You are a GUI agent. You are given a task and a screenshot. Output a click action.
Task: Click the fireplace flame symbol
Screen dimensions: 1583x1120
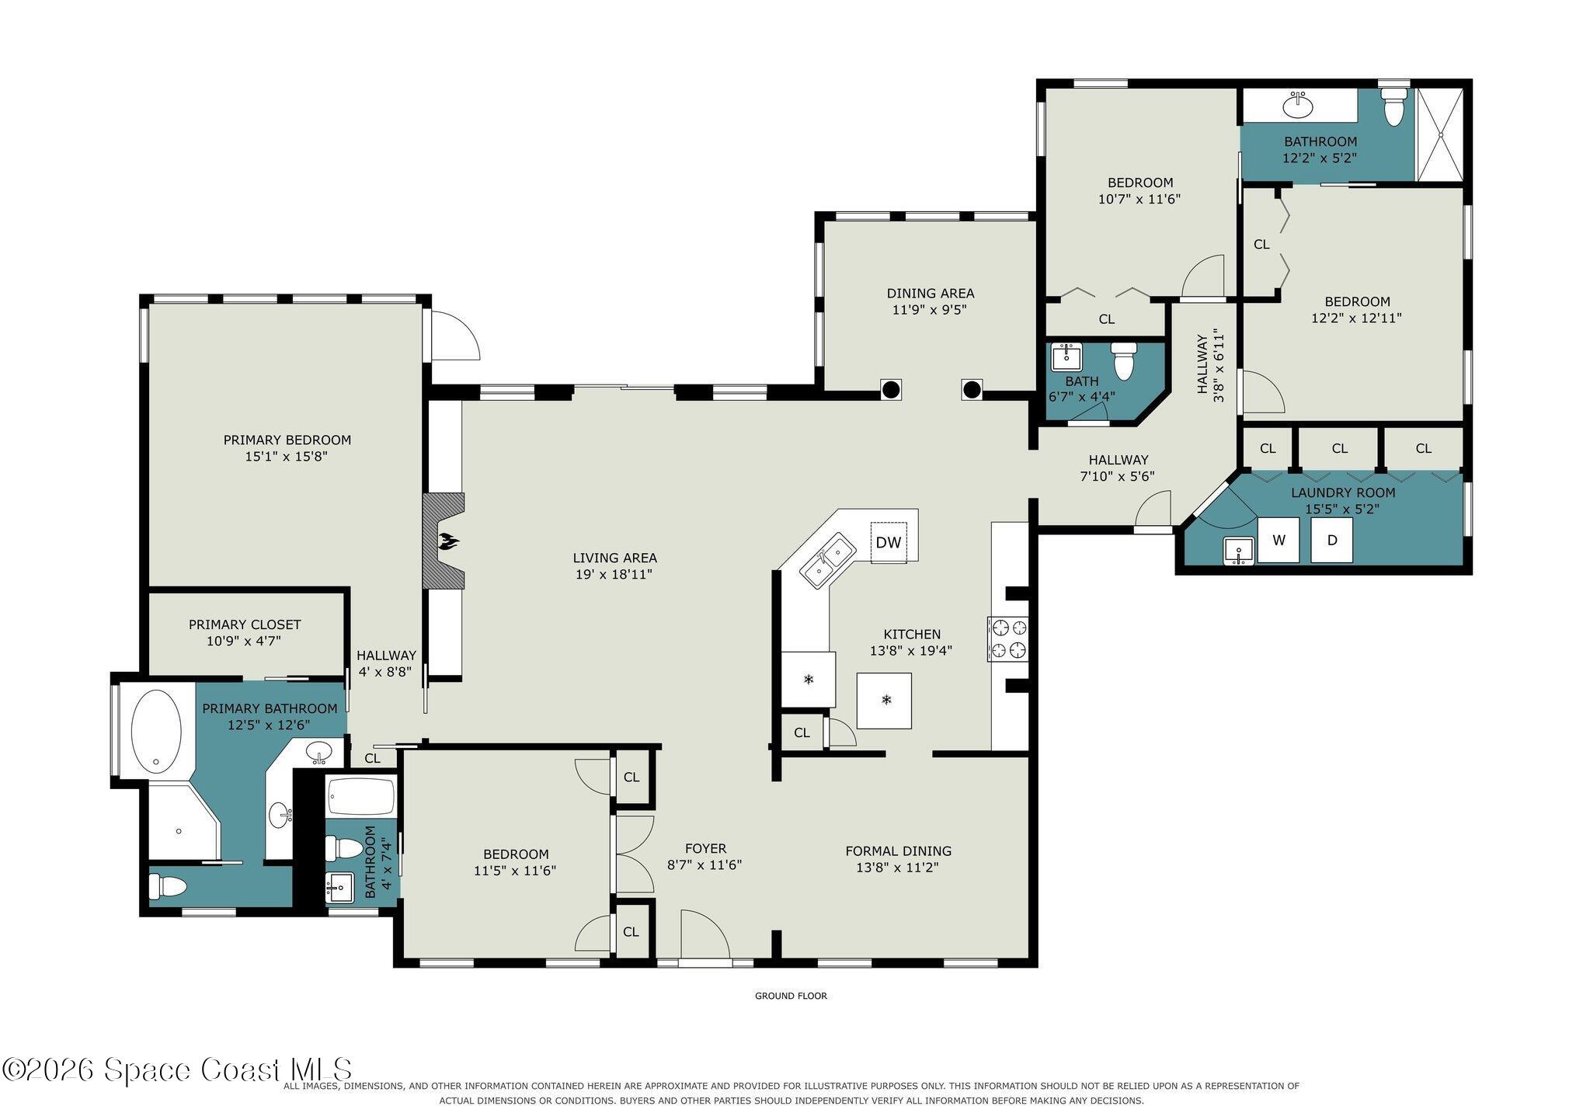447,541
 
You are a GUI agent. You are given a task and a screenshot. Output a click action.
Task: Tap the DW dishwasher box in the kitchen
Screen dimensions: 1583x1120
889,542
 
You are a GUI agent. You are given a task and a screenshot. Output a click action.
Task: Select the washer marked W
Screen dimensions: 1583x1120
1279,540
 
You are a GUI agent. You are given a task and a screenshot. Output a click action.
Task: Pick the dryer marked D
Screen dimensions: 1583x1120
1332,540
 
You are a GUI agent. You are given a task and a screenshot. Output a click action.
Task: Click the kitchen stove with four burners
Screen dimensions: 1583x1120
1007,638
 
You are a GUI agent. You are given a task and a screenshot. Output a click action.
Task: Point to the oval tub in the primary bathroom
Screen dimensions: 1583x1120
156,732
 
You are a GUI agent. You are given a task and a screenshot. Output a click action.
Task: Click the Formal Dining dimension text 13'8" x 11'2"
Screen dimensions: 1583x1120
898,868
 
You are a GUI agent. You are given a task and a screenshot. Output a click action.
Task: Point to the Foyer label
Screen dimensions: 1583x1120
705,849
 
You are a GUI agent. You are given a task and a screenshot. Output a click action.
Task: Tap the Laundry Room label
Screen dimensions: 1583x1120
1343,492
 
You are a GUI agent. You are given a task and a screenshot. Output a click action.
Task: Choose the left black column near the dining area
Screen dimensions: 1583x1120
891,388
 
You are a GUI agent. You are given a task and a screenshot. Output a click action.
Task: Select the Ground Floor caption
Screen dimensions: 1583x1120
791,996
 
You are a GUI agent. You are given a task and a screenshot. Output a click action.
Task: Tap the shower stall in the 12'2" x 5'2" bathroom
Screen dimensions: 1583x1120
1440,134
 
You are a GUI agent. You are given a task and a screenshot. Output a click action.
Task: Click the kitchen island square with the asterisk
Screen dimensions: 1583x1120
884,701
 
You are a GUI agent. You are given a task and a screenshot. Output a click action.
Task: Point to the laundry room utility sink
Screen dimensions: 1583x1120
1238,551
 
